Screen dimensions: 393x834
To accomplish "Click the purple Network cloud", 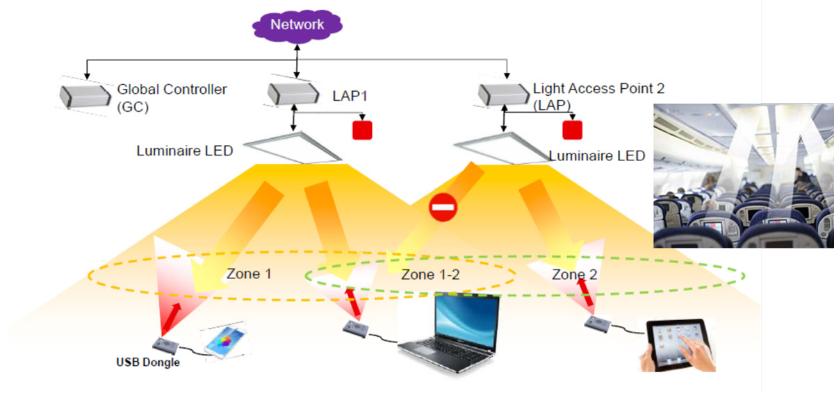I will pyautogui.click(x=297, y=26).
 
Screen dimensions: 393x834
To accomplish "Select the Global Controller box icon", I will pyautogui.click(x=84, y=96).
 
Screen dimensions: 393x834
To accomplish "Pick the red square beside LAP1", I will pyautogui.click(x=362, y=130).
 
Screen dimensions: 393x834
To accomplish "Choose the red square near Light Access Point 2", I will pyautogui.click(x=571, y=129).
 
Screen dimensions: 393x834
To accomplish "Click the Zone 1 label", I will pyautogui.click(x=249, y=274).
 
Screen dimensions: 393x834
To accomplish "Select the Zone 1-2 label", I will pyautogui.click(x=431, y=274).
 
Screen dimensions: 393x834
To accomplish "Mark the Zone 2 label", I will pyautogui.click(x=574, y=274).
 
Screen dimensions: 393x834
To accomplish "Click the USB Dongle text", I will pyautogui.click(x=147, y=362).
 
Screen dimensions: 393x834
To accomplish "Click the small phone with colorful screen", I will pyautogui.click(x=222, y=342).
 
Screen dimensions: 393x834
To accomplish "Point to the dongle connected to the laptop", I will pyautogui.click(x=360, y=328).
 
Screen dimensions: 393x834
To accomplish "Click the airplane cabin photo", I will pyautogui.click(x=743, y=176).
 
